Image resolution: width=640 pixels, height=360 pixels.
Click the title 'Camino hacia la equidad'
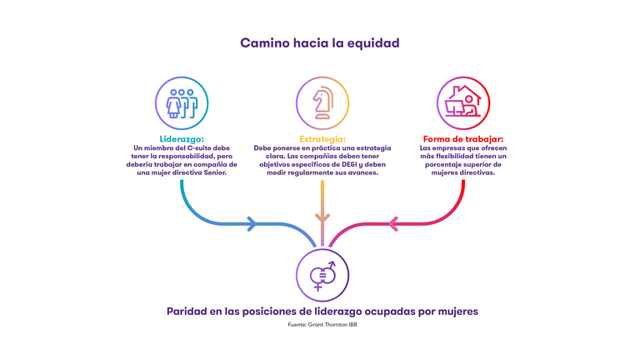coord(319,42)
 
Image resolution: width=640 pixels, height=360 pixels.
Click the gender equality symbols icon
coord(322,274)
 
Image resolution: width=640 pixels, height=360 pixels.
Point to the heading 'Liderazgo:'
coord(182,139)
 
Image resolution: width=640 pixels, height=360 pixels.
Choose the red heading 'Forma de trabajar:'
coord(462,139)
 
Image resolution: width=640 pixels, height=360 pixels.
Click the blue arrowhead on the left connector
coord(251,223)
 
